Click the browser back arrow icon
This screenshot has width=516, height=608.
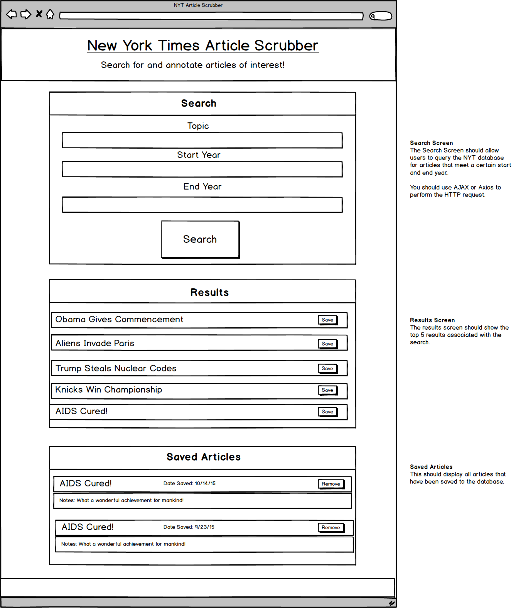point(12,15)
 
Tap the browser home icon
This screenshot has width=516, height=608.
point(50,15)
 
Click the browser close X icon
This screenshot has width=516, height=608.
point(39,14)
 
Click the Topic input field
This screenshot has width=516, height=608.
point(202,141)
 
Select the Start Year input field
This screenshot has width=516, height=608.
point(202,169)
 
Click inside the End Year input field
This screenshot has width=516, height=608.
point(202,205)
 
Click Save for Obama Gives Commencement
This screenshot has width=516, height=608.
point(327,320)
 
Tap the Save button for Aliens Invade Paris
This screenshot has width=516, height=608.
point(327,344)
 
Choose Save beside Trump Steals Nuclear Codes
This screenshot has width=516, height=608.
point(327,369)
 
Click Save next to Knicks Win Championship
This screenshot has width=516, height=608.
point(327,390)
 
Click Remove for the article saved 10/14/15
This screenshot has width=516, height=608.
point(331,484)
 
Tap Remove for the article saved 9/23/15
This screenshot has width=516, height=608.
point(331,528)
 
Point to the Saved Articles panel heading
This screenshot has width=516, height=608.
point(203,457)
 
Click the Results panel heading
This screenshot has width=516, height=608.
point(209,293)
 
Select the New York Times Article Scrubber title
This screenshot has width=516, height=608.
point(203,46)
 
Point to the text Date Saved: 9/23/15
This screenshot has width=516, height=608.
point(189,527)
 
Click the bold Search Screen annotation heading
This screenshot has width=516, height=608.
point(431,143)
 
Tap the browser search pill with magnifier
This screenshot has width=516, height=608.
point(381,16)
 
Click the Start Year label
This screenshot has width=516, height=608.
point(199,155)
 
